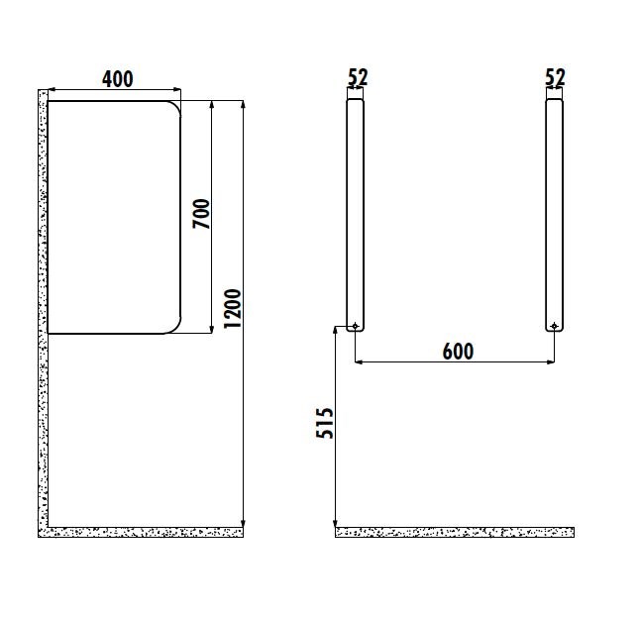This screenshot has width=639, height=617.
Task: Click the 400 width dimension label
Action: coord(116,78)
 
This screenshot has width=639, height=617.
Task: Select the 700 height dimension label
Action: coord(201,214)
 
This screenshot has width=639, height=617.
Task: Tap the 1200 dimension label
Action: coord(233,309)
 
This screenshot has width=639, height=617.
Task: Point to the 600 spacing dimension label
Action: coord(457,351)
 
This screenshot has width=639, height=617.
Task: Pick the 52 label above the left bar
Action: coord(359,77)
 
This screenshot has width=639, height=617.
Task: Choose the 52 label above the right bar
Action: coord(556,77)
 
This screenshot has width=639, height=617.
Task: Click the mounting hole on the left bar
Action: coord(355,326)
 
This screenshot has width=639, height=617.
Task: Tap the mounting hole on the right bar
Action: coord(554,326)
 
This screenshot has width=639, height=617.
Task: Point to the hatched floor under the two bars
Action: coord(455,533)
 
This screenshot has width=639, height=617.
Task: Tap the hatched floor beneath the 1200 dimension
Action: coord(149,533)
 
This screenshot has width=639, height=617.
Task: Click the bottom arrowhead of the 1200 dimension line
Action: coord(243,521)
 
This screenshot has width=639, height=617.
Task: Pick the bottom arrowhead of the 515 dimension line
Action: coord(336,522)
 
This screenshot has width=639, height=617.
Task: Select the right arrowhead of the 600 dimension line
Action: coord(549,362)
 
